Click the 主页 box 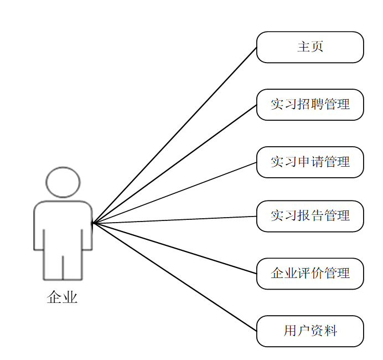tap(310, 47)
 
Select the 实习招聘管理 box tap(310, 105)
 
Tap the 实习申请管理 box tap(310, 162)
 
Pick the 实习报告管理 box tap(310, 216)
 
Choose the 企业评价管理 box tap(310, 274)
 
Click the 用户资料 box tap(310, 331)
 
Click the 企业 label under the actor tap(63, 298)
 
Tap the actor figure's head tap(63, 182)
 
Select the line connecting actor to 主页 tap(175, 135)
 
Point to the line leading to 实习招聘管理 tap(175, 164)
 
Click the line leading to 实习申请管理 tap(175, 193)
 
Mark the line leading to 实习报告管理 tap(175, 220)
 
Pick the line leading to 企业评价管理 tap(175, 248)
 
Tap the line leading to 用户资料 tap(175, 277)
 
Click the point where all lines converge tap(94, 223)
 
